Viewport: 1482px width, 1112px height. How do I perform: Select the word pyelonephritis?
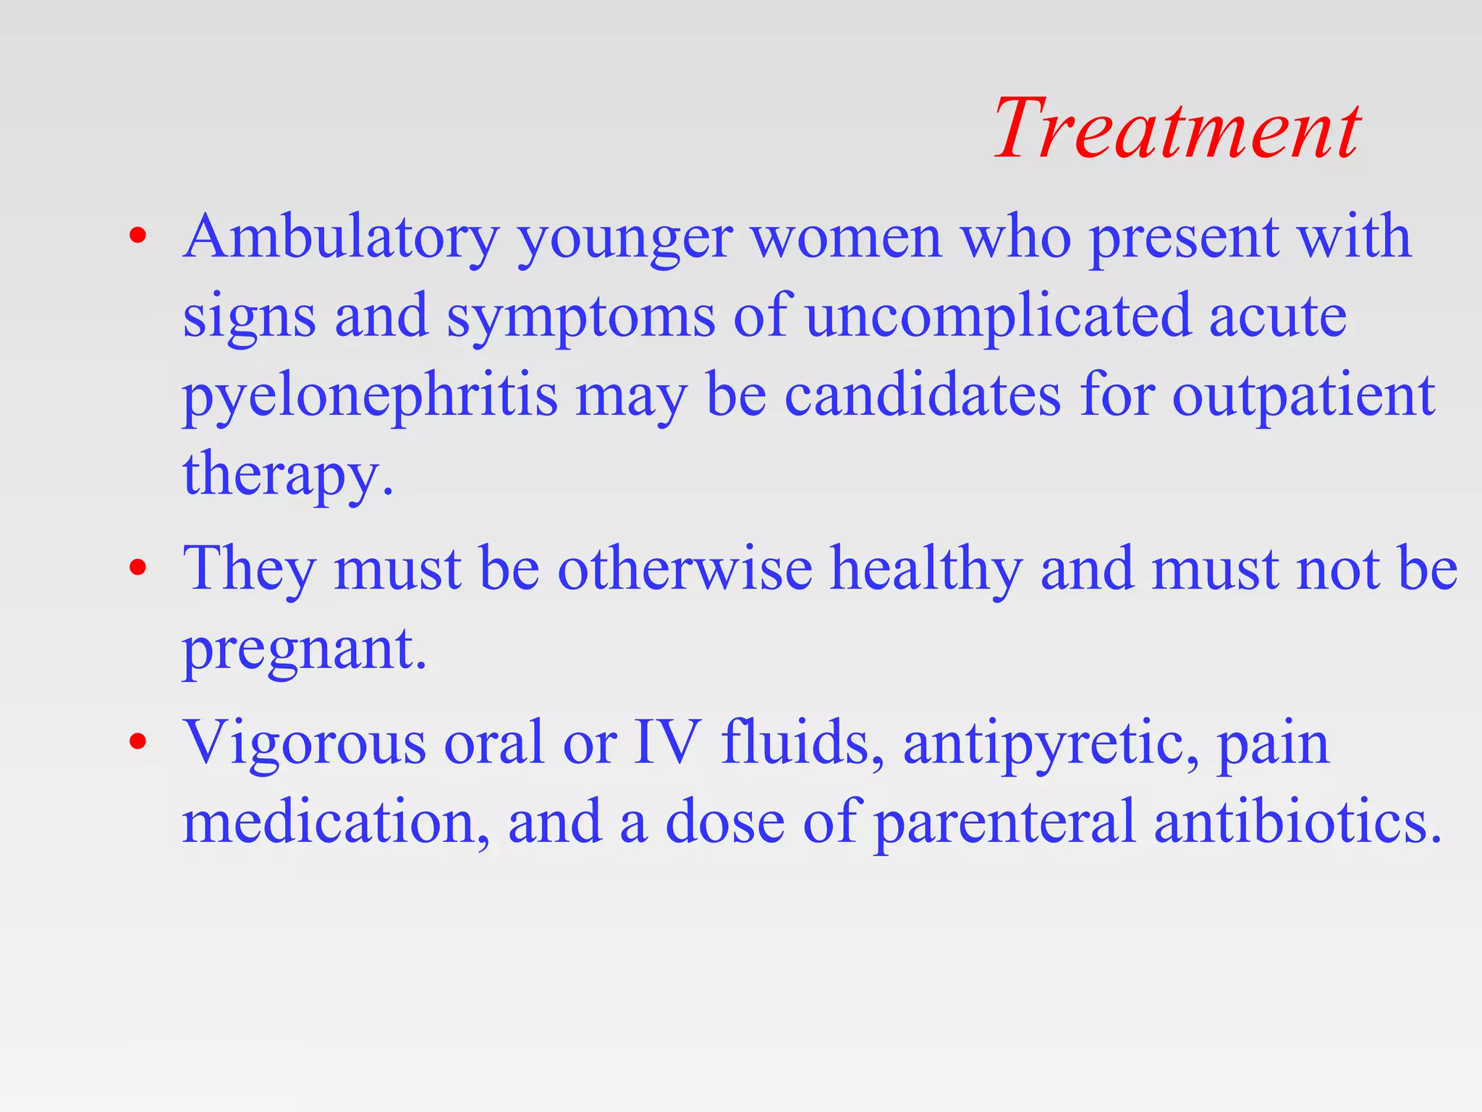pos(370,397)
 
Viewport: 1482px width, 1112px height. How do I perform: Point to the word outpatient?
pos(1303,397)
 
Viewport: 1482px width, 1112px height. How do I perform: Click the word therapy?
pos(287,475)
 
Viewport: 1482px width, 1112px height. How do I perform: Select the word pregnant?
pos(303,649)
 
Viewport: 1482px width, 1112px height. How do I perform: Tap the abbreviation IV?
pos(666,742)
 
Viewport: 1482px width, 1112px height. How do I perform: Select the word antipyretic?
pos(1050,744)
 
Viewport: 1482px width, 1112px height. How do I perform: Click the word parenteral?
pos(1005,824)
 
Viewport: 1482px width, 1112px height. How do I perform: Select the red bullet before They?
pos(138,568)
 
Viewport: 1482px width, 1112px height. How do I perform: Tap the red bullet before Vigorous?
pos(138,741)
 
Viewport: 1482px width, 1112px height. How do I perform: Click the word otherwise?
pos(685,569)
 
